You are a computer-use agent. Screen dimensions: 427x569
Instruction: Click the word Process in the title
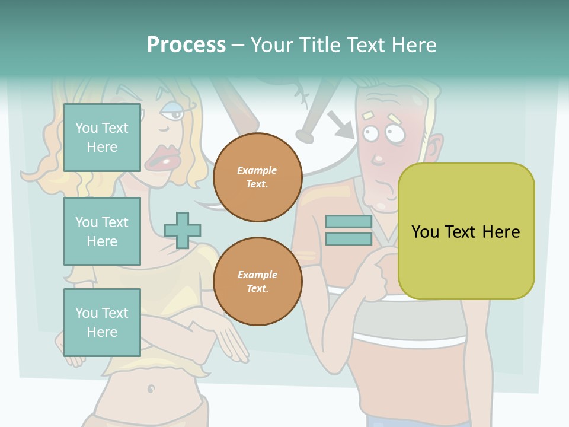click(x=186, y=45)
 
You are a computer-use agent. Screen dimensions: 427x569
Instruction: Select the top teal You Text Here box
click(x=102, y=138)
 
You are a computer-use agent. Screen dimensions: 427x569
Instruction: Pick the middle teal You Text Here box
click(x=102, y=231)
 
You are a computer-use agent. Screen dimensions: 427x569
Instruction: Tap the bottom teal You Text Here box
click(x=102, y=322)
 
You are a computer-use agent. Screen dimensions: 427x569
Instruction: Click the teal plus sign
click(x=183, y=230)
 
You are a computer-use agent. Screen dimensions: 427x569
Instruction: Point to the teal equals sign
click(x=349, y=230)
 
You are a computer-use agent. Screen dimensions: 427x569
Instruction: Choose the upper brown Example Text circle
click(x=257, y=177)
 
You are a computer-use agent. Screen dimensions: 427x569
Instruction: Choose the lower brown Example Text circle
click(x=257, y=281)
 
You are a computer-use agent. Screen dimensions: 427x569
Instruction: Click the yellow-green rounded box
click(x=466, y=231)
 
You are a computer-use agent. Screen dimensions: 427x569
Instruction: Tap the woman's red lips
click(x=162, y=158)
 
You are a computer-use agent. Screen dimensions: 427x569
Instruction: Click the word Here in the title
click(x=414, y=45)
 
